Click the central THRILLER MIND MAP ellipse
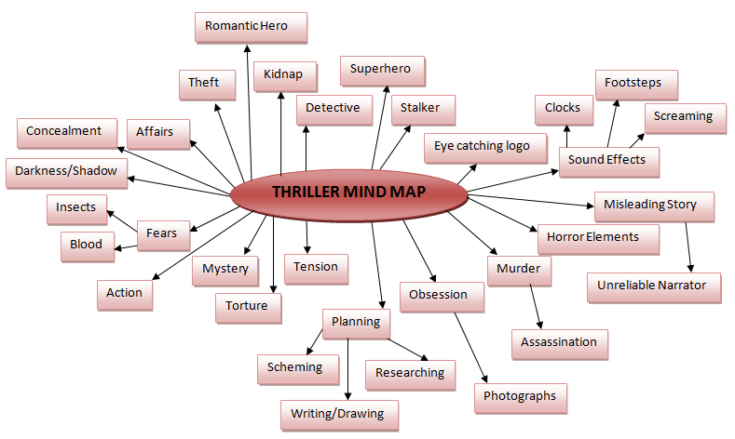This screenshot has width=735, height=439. [348, 193]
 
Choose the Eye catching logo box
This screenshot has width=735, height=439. [481, 147]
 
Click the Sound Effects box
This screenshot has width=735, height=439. [606, 160]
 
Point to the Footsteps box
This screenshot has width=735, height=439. [633, 84]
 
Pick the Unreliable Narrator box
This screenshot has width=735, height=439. [652, 286]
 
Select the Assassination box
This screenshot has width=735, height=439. [558, 342]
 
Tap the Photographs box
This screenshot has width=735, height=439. [520, 396]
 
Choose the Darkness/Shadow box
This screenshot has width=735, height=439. [66, 172]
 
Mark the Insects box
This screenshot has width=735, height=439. [76, 207]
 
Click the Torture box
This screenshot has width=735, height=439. [247, 306]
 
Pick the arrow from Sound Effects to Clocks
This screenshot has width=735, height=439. [565, 136]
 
